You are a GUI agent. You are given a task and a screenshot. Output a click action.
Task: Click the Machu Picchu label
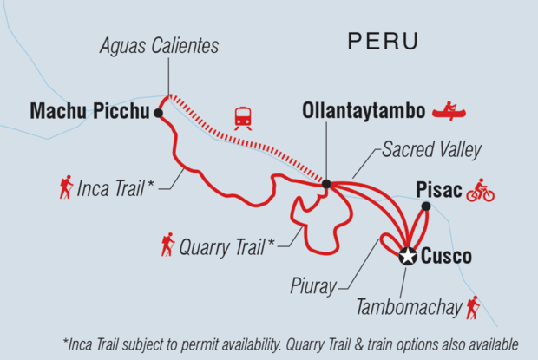point(87,111)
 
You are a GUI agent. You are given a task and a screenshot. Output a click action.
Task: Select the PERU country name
point(382,40)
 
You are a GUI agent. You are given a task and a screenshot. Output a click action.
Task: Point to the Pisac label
point(437,188)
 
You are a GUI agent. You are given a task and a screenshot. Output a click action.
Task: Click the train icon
point(244,117)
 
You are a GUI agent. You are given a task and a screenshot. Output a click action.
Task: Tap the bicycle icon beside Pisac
point(480,190)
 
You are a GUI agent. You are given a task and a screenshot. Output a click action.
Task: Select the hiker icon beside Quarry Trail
point(167,245)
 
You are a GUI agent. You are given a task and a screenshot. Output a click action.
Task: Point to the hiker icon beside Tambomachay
point(473,306)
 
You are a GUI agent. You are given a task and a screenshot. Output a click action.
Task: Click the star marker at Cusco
point(407,256)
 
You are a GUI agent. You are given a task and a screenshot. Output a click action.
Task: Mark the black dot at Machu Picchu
point(158,113)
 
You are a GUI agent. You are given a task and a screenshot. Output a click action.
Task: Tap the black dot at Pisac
point(425,206)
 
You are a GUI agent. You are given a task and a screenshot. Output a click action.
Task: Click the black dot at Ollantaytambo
point(326,184)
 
